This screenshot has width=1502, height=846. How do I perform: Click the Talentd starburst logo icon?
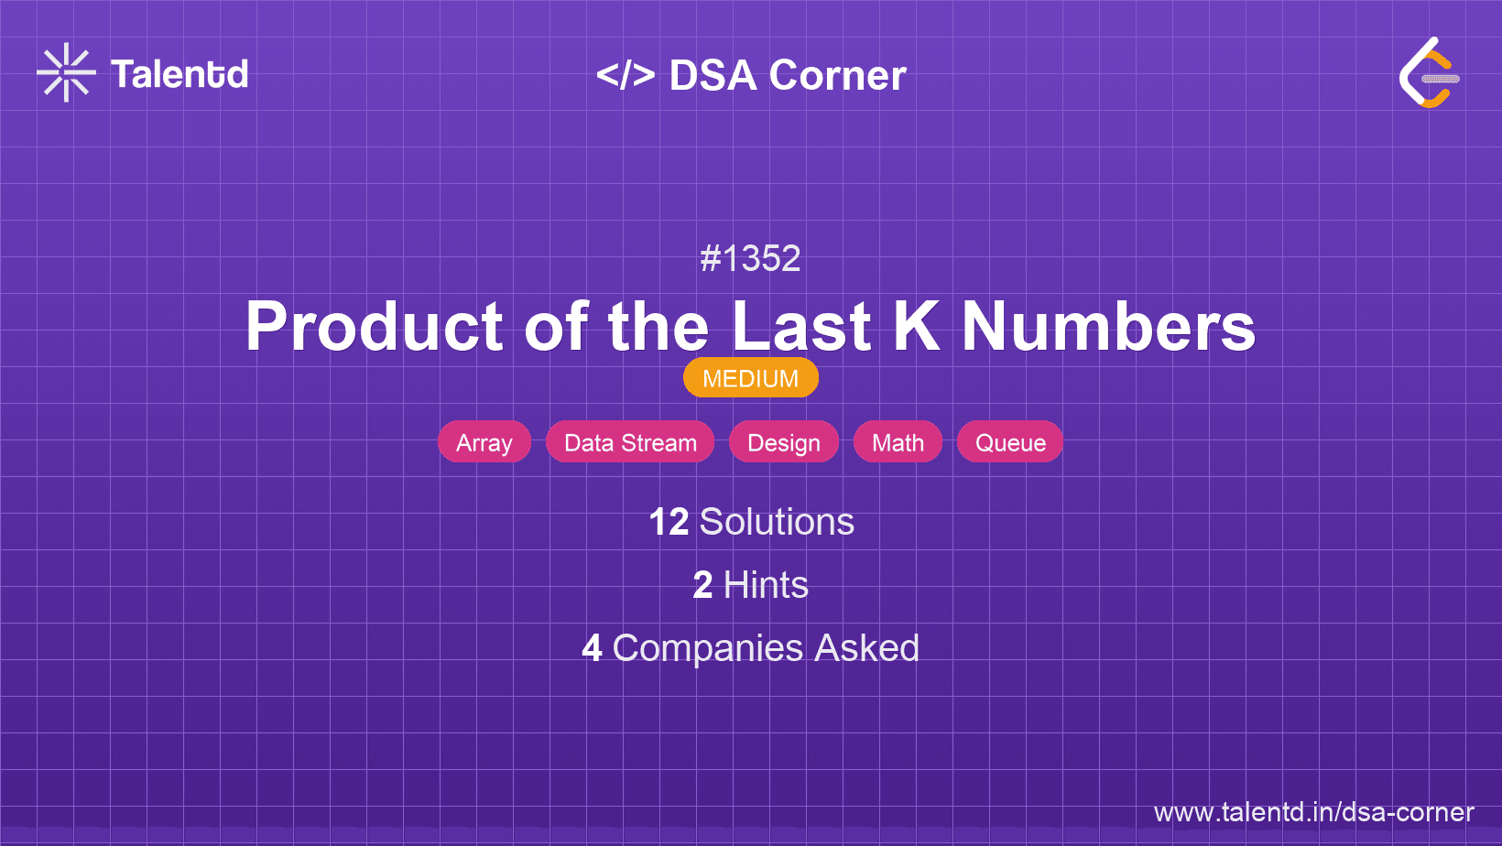66,72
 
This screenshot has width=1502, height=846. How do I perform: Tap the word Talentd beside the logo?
180,74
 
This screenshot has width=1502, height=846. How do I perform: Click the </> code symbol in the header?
626,75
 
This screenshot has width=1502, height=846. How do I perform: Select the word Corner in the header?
838,75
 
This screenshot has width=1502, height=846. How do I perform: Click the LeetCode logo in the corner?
1429,73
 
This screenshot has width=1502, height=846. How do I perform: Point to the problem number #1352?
750,258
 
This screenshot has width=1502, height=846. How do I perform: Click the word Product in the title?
374,327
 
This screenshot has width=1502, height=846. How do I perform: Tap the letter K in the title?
915,327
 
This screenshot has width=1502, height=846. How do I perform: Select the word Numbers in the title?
1108,327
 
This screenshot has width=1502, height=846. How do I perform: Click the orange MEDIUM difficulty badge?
750,378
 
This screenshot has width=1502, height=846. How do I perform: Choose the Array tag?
484,442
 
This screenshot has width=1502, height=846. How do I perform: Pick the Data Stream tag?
630,442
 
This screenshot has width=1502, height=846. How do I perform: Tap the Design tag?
784,442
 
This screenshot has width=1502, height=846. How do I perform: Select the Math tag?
898,442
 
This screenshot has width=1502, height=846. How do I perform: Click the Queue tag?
1010,442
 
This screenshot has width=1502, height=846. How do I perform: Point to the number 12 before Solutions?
669,522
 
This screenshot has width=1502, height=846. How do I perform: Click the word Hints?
766,585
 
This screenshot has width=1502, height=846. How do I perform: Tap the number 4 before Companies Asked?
592,648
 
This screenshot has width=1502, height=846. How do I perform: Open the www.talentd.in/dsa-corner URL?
1313,812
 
